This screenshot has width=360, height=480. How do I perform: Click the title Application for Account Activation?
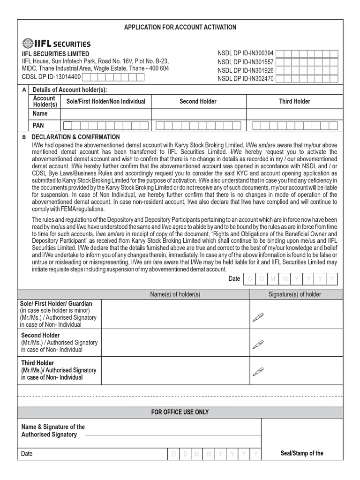(x=180, y=27)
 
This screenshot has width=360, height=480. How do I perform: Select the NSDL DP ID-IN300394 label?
(x=246, y=53)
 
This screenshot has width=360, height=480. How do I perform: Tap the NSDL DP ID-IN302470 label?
(x=246, y=79)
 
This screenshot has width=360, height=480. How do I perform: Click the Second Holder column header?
(x=198, y=101)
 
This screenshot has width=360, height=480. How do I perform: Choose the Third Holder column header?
(x=294, y=101)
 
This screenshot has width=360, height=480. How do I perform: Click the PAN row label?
(x=38, y=126)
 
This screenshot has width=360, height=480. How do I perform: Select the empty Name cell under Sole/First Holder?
(x=107, y=114)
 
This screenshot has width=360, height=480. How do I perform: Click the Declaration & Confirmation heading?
(x=75, y=137)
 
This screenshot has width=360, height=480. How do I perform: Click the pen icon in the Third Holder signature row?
(x=258, y=373)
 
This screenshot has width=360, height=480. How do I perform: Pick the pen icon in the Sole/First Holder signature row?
(x=258, y=318)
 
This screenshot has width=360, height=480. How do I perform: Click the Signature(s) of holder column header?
(x=295, y=294)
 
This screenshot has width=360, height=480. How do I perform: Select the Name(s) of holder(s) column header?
(x=175, y=294)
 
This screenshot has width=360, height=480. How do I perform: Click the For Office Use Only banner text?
(x=180, y=412)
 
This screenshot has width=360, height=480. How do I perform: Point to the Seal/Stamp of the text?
(x=302, y=453)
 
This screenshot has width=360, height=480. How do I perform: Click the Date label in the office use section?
(x=27, y=454)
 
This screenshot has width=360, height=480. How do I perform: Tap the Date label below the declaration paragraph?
(x=234, y=279)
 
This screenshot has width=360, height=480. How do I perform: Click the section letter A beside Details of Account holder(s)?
(x=24, y=90)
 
